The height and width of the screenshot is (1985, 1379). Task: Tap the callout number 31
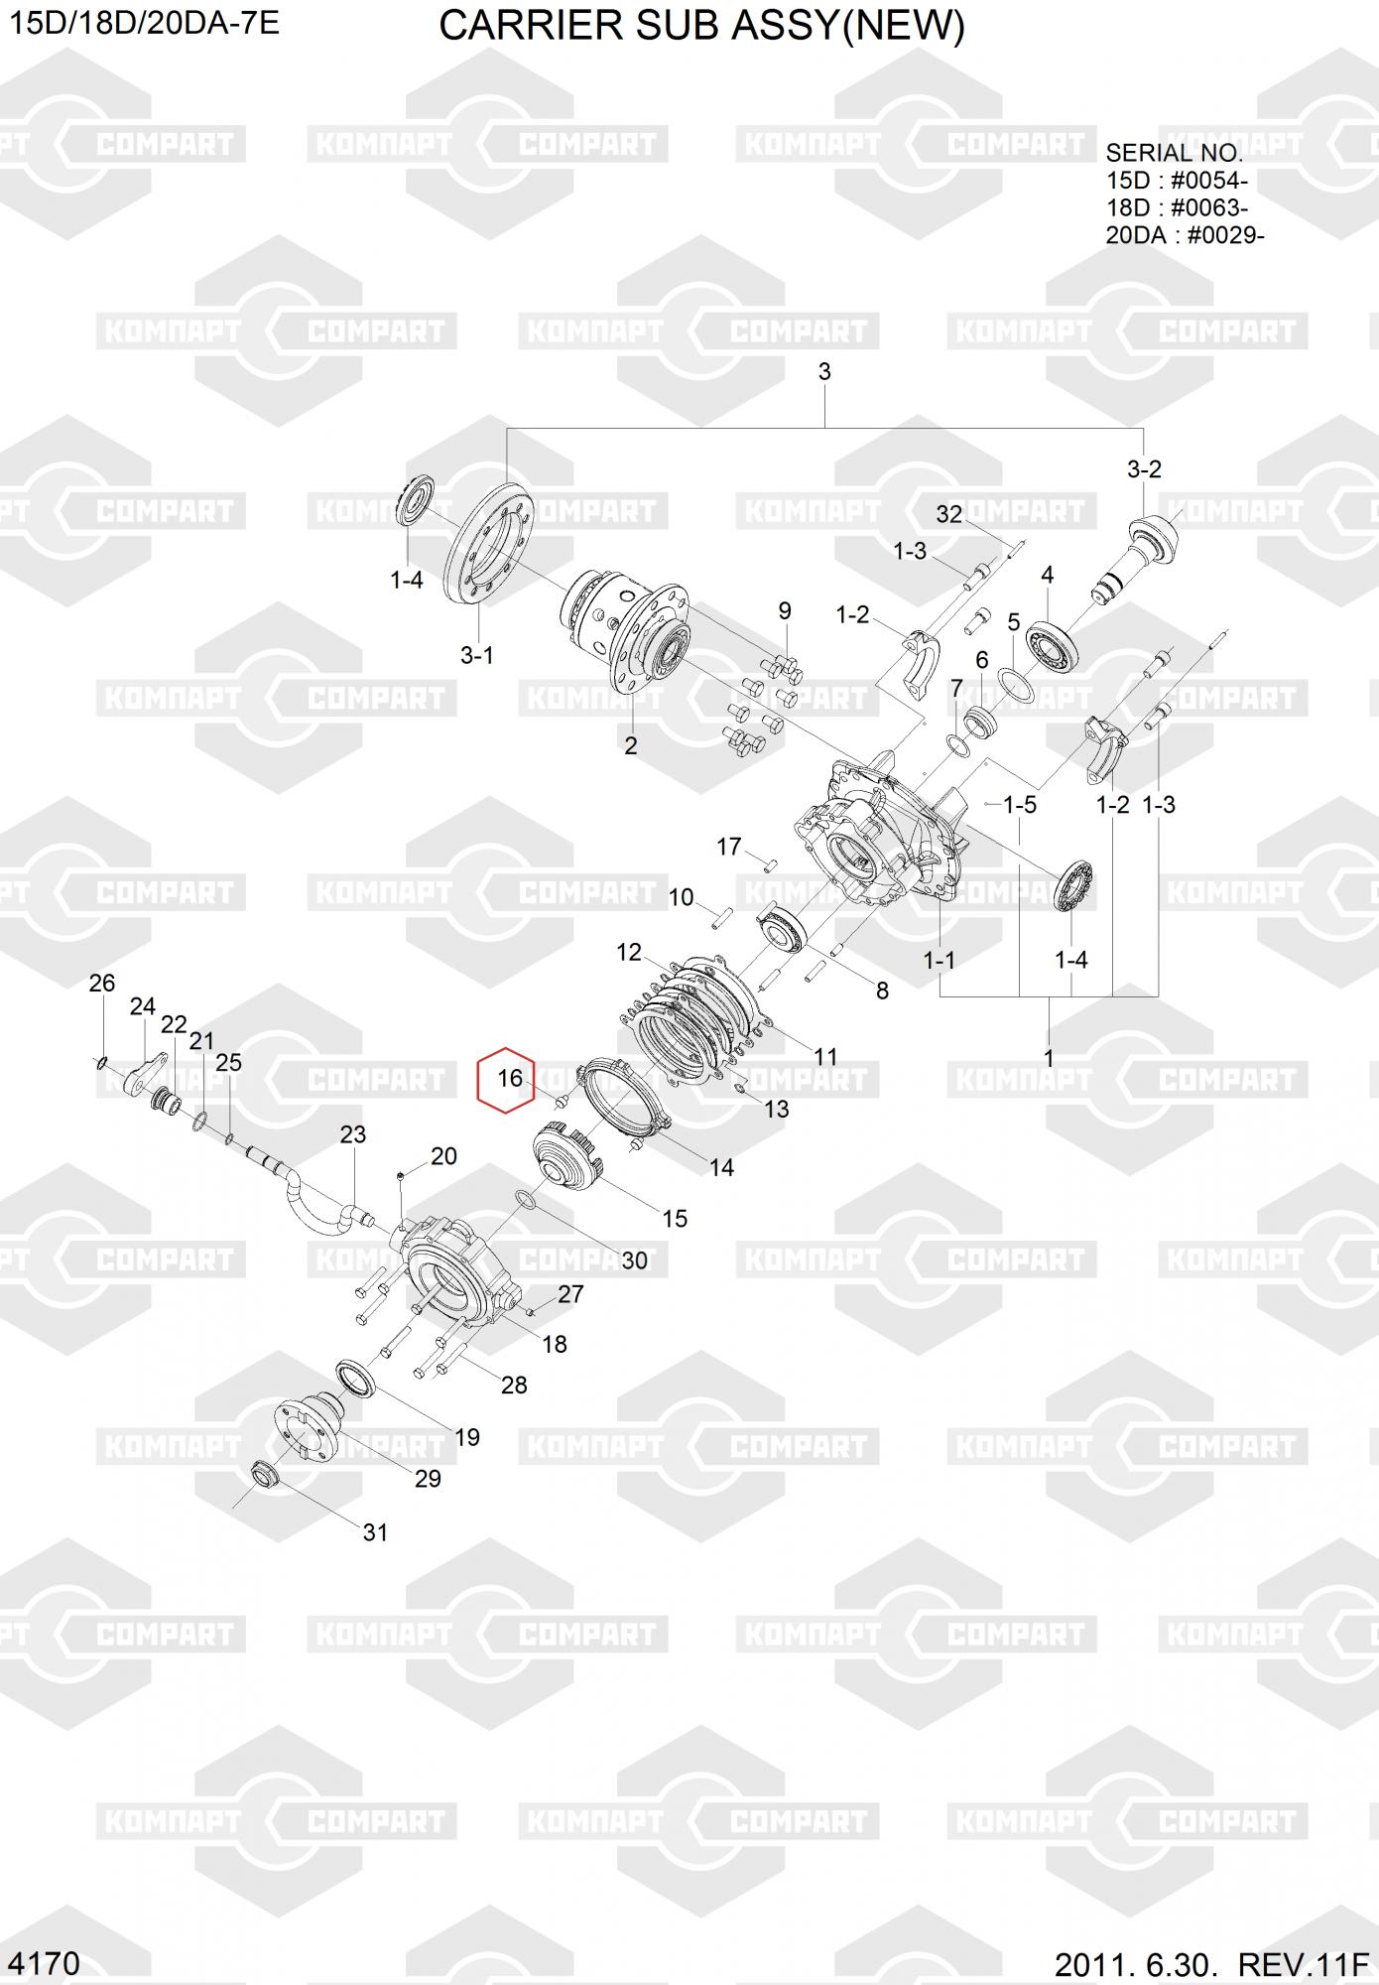(x=375, y=1532)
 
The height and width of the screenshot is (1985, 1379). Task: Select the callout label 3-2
(x=1144, y=469)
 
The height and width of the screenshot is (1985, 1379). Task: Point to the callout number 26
(x=102, y=983)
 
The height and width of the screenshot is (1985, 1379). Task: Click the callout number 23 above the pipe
(x=353, y=1134)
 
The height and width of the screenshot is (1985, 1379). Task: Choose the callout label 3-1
(x=477, y=655)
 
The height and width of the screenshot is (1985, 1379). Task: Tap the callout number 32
(x=949, y=513)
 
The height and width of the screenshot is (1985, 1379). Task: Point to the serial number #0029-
(x=1225, y=235)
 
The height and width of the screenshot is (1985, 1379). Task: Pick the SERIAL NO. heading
(x=1174, y=153)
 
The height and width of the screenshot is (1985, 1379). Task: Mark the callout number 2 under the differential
(x=631, y=745)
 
